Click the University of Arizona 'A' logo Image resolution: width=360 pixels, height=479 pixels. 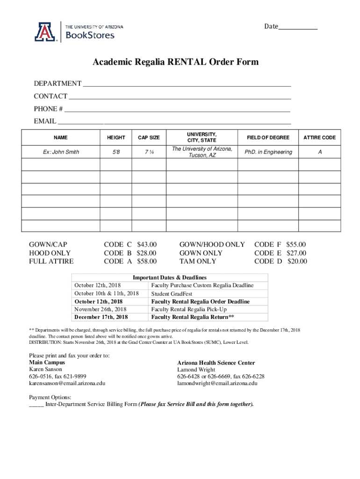(44, 32)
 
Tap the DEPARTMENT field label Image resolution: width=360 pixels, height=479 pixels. (57, 84)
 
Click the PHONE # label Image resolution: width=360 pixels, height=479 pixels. (48, 109)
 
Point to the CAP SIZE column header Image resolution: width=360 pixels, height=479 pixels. (149, 138)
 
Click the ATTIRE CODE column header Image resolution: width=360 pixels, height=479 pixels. (319, 138)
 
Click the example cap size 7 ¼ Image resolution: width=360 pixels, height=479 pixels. (149, 152)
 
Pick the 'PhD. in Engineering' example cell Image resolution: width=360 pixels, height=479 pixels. (268, 152)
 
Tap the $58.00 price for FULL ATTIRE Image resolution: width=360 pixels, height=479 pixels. (147, 261)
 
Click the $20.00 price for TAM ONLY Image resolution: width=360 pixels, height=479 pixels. (297, 261)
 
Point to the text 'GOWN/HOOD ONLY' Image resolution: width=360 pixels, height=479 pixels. (212, 245)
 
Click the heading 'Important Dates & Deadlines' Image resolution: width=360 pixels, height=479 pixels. (170, 277)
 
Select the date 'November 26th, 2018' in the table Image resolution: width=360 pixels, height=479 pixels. (100, 309)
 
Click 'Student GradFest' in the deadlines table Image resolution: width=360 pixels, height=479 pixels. (172, 294)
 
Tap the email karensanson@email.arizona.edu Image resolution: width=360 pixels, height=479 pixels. (67, 383)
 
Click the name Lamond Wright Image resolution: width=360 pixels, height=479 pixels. (196, 370)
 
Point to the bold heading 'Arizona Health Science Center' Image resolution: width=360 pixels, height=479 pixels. (216, 363)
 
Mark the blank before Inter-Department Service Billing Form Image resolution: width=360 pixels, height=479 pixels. (36, 405)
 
